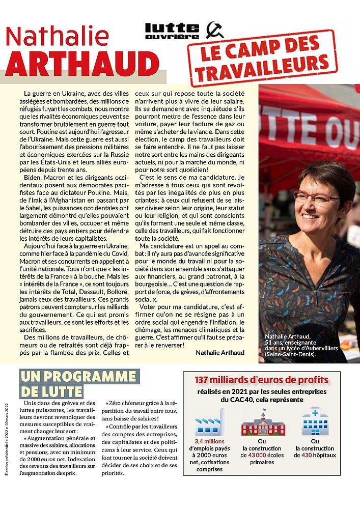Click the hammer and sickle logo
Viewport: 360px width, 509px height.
[x=214, y=31]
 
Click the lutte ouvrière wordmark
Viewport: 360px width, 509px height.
[x=172, y=31]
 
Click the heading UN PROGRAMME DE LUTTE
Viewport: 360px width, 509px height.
[x=79, y=384]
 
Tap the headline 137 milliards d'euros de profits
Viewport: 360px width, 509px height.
[x=261, y=380]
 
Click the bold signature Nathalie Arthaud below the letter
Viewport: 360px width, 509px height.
[x=220, y=352]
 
